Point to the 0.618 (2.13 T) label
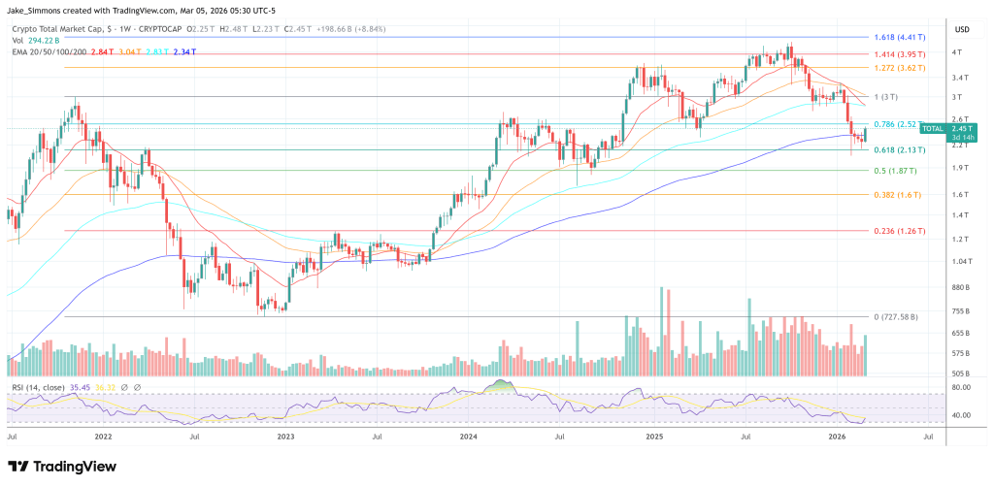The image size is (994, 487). tap(896, 150)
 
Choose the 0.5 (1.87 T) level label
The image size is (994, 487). tap(892, 171)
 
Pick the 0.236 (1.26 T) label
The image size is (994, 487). tap(896, 231)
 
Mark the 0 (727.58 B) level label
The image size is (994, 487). tap(895, 317)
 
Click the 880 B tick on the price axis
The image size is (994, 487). tap(961, 287)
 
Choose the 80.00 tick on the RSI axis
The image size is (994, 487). tap(960, 388)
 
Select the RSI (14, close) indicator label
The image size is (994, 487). tap(39, 387)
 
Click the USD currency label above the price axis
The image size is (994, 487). tap(961, 28)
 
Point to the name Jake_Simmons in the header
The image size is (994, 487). tap(38, 9)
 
